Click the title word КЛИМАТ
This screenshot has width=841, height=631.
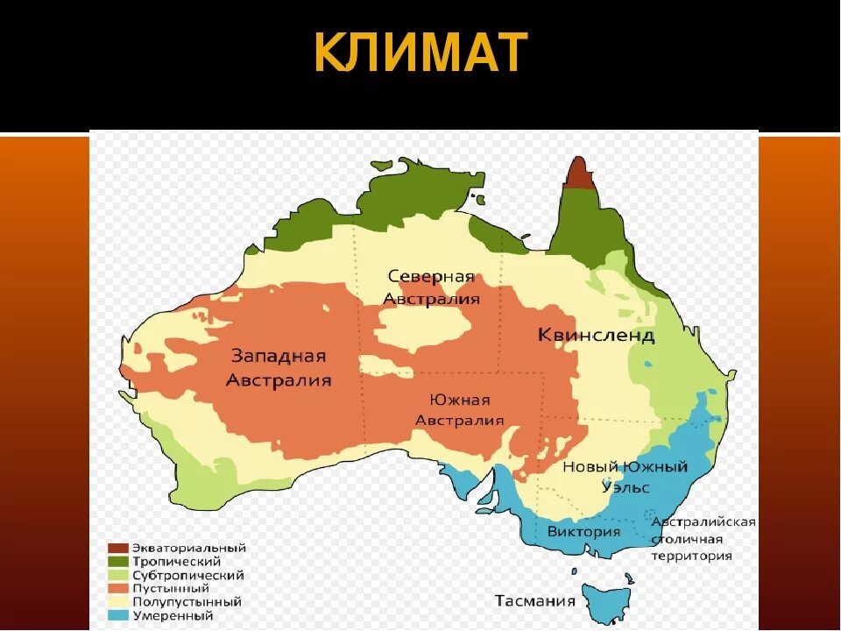click(x=420, y=53)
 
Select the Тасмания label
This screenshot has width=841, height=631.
click(x=534, y=601)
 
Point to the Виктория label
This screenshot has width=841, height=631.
click(x=583, y=532)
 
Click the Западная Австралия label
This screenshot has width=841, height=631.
click(x=279, y=368)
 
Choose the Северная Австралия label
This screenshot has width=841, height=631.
click(x=431, y=287)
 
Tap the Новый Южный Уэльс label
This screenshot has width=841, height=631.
click(x=625, y=477)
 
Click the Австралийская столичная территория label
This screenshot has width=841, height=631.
click(x=703, y=538)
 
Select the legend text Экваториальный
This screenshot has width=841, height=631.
click(x=189, y=548)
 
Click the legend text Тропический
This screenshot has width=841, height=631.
click(x=176, y=562)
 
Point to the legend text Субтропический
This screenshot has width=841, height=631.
click(x=188, y=576)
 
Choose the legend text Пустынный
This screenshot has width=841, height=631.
click(x=171, y=589)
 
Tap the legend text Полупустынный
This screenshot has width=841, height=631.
click(x=187, y=602)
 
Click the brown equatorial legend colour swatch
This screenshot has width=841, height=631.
click(x=118, y=549)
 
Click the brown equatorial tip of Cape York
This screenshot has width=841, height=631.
click(x=577, y=174)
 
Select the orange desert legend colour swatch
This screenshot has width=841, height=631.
click(x=118, y=589)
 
